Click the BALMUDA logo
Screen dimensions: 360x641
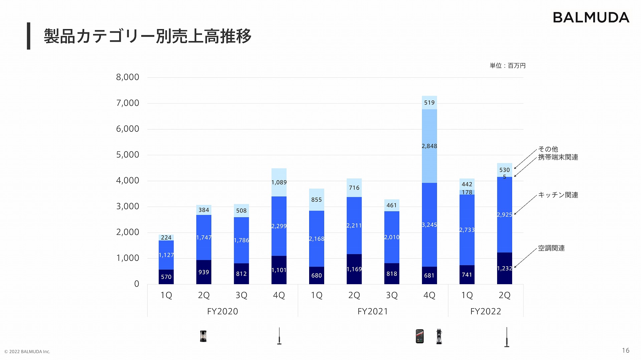click(591, 18)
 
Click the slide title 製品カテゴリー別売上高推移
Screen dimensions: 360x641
click(147, 36)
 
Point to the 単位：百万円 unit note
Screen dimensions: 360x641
click(507, 66)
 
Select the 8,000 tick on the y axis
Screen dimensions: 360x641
click(128, 77)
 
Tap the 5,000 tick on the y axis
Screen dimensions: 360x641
click(128, 155)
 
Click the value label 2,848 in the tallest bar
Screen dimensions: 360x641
click(429, 146)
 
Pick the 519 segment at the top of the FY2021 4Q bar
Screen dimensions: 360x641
click(429, 102)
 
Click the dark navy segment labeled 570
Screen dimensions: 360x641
click(166, 277)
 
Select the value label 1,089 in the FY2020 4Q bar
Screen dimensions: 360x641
click(279, 182)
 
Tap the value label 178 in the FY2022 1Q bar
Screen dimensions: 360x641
click(467, 192)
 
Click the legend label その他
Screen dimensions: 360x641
click(548, 149)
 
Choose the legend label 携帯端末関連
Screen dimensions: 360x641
click(558, 157)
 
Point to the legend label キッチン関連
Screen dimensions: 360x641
click(558, 195)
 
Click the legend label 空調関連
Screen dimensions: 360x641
click(551, 248)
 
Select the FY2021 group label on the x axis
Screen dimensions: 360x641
click(373, 311)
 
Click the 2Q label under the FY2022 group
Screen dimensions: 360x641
click(504, 295)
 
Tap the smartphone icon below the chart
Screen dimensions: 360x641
click(420, 336)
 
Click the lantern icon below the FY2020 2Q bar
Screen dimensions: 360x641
click(203, 336)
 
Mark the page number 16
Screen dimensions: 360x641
click(625, 350)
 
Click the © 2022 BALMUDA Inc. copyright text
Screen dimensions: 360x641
click(27, 352)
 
